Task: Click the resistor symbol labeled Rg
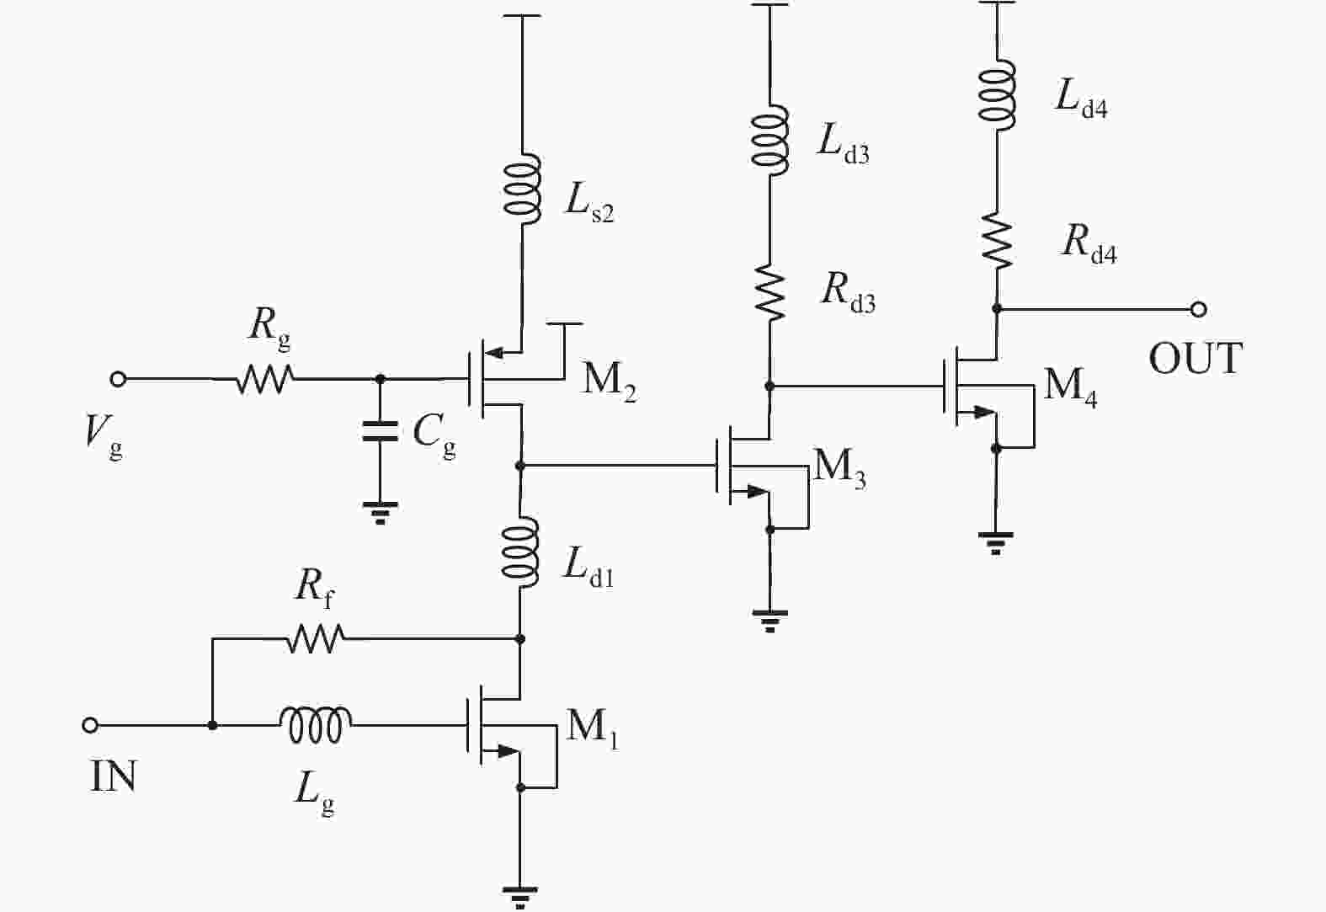(264, 379)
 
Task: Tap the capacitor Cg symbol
(380, 432)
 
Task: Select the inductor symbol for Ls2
(522, 189)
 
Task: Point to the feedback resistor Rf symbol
(315, 639)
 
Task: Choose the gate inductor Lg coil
(316, 725)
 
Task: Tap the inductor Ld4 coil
(997, 94)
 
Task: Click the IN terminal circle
(90, 725)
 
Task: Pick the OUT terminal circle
(1199, 309)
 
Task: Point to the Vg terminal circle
(119, 379)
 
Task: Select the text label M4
(1070, 387)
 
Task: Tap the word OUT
(1196, 359)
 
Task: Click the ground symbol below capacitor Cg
(380, 512)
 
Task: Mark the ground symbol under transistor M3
(770, 621)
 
